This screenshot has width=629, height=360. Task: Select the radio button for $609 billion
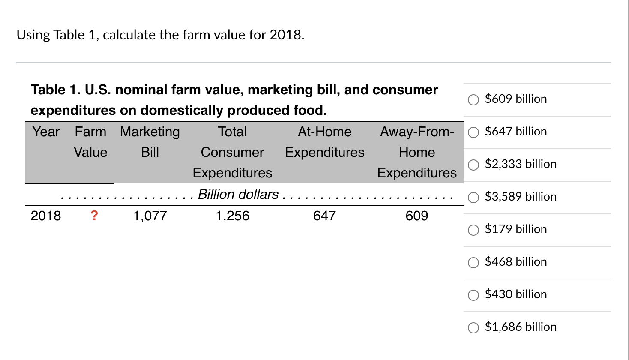tap(473, 99)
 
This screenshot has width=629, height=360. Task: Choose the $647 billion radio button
tap(473, 132)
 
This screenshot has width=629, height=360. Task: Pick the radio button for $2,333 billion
tap(473, 165)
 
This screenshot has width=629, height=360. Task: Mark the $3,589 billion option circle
tap(473, 197)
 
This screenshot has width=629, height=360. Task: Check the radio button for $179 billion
tap(473, 230)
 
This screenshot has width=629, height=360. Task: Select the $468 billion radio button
tap(473, 262)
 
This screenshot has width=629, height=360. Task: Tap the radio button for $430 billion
tap(473, 295)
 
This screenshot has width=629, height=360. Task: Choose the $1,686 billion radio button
tap(473, 327)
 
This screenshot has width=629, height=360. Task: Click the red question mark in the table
tap(94, 216)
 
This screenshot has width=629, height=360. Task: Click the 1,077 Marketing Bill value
tap(150, 216)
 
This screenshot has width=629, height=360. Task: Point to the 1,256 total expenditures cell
tap(232, 216)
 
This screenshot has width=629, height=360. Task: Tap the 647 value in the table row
tap(324, 216)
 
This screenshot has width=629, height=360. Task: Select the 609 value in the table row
tap(417, 216)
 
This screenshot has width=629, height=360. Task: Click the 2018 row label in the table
tap(46, 216)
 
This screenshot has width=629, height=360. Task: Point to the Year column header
tap(46, 132)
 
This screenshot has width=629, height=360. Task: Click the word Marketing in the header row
tap(150, 132)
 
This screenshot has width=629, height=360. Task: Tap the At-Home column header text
tap(324, 132)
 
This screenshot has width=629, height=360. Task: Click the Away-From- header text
tap(417, 132)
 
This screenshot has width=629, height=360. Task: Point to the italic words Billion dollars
tap(238, 194)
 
